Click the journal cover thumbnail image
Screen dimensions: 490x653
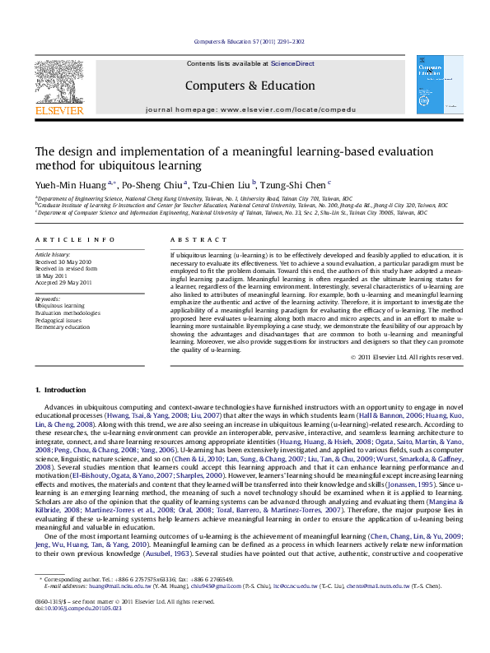(x=435, y=85)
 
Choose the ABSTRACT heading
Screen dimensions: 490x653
(x=192, y=239)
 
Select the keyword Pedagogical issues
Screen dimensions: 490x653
(x=58, y=320)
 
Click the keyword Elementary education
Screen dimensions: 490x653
(x=62, y=326)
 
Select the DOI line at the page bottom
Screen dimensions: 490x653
(x=78, y=608)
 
